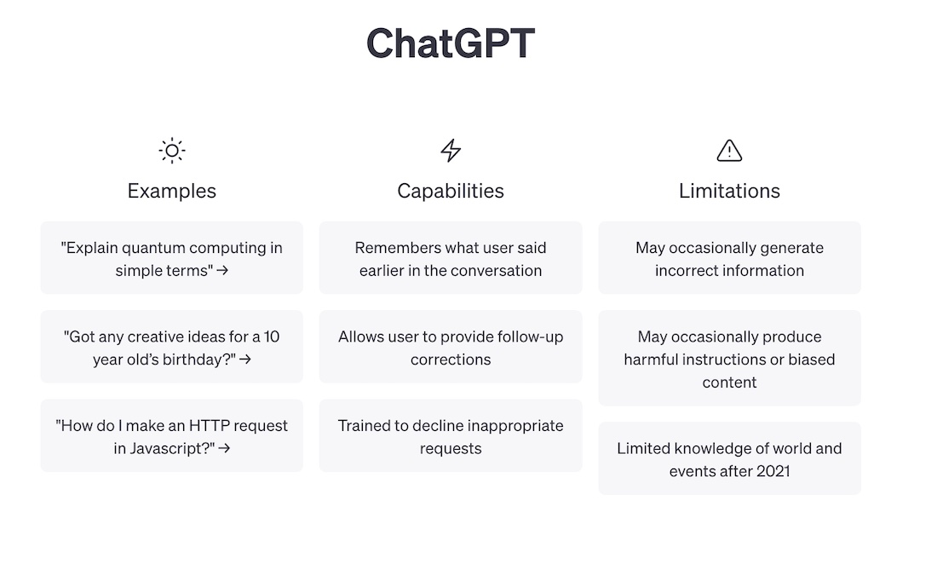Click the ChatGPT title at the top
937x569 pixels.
click(451, 43)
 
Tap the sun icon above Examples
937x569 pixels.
click(172, 151)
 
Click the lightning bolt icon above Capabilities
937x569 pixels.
click(451, 151)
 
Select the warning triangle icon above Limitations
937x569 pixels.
click(729, 151)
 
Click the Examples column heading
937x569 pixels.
click(171, 191)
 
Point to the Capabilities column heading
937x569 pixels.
click(451, 191)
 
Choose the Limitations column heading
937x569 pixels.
click(729, 191)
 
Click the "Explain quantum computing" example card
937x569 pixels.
click(171, 257)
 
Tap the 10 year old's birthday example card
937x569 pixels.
click(171, 347)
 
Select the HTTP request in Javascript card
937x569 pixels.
click(171, 436)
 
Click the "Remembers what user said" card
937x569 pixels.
click(451, 257)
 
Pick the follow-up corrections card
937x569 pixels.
click(451, 347)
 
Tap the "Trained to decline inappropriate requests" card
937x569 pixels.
click(451, 436)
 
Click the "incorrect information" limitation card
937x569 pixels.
click(730, 257)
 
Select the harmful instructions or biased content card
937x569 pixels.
click(730, 358)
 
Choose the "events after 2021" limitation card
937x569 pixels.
click(730, 458)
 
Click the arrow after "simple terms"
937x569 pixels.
click(222, 271)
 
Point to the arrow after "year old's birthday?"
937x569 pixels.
click(245, 359)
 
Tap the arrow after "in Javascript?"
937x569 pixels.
click(224, 448)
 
